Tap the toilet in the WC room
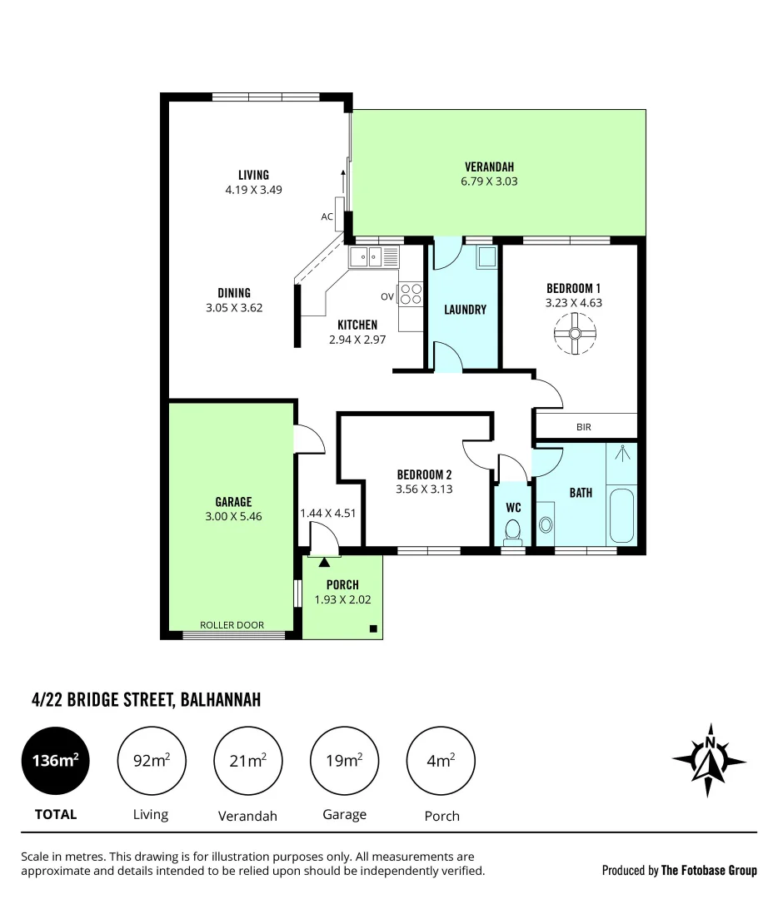click(513, 529)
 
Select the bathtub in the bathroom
click(621, 517)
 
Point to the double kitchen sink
click(367, 256)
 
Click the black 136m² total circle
click(55, 760)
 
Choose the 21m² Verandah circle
click(248, 760)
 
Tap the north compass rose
click(710, 758)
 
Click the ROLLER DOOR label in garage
click(232, 625)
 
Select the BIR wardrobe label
click(583, 427)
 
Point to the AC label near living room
click(327, 216)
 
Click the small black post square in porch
click(373, 628)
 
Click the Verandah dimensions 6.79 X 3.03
click(490, 181)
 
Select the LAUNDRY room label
click(465, 310)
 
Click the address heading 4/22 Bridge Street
click(141, 700)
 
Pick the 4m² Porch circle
click(441, 760)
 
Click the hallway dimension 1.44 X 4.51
click(328, 513)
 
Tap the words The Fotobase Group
click(709, 871)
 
